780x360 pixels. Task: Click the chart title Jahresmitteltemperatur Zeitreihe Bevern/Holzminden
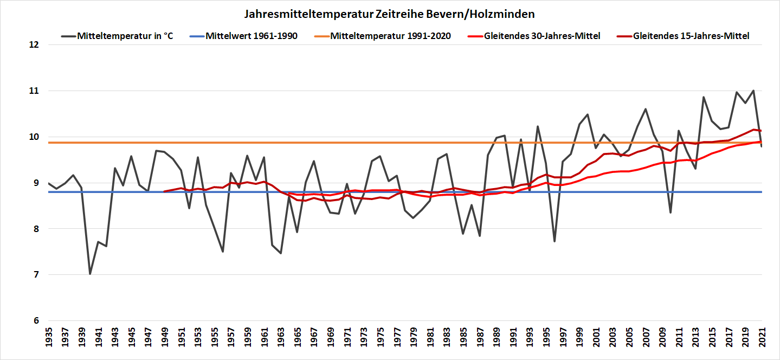pos(390,13)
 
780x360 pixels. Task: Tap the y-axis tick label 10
pos(34,137)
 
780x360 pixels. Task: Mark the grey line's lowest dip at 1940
pos(90,274)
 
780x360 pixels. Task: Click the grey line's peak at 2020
pos(753,91)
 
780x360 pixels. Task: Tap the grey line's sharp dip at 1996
pos(555,241)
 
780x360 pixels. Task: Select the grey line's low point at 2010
pos(671,213)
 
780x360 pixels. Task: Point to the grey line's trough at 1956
pos(223,252)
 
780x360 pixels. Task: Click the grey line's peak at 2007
pos(646,109)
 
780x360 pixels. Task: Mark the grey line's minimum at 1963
pos(281,253)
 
